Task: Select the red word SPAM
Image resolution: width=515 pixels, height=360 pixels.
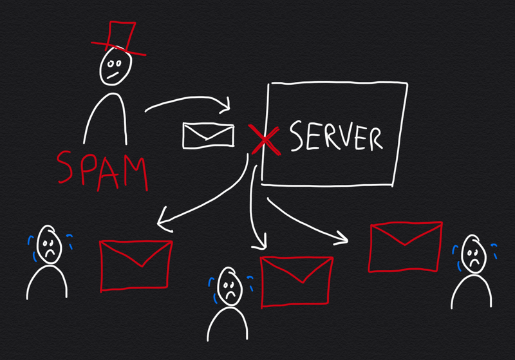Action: click(103, 169)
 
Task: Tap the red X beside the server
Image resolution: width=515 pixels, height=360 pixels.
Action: click(265, 139)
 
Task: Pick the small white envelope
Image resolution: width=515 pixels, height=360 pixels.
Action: click(207, 135)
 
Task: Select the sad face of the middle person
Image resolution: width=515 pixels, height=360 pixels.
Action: click(229, 284)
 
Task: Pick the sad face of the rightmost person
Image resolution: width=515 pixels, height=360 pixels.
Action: click(473, 256)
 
